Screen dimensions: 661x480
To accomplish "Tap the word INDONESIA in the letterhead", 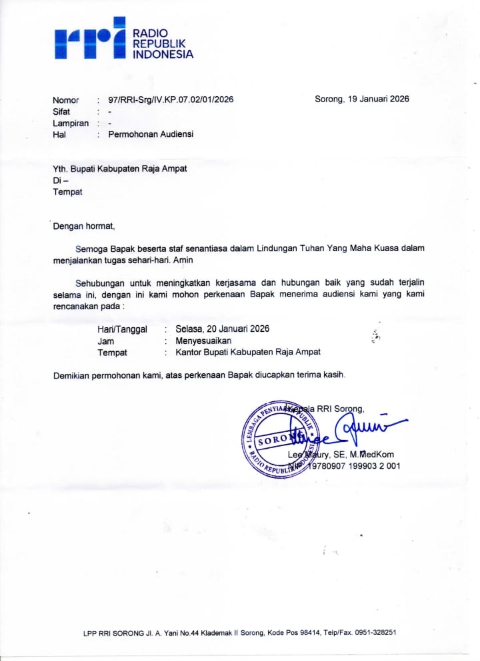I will [x=163, y=55].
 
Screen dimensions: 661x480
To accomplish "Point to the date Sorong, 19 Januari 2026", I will [x=361, y=99].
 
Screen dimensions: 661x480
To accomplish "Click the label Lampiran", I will [x=71, y=123].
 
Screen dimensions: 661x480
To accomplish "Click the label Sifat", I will [x=62, y=112].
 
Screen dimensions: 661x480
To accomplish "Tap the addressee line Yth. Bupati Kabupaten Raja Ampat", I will [x=120, y=169].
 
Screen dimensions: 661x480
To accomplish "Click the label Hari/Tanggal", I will [x=123, y=329].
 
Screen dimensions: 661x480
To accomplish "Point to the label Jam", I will [x=106, y=341].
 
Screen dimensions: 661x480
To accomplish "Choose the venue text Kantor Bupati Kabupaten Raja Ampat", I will [x=248, y=352].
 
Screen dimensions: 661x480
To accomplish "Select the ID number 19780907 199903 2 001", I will [x=353, y=466].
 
